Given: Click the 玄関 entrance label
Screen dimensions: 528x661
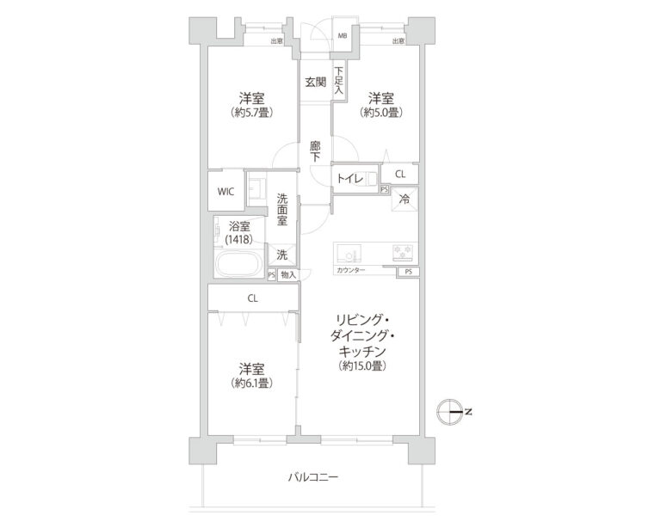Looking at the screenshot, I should (x=314, y=83).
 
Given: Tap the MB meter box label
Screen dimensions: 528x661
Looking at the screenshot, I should (x=343, y=37).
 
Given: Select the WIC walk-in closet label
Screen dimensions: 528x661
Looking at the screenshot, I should (x=225, y=191).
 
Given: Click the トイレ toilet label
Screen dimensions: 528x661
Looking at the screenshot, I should (x=349, y=179).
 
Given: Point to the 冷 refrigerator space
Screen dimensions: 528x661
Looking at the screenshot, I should (x=405, y=200).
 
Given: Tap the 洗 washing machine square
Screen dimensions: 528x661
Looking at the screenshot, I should (x=281, y=254).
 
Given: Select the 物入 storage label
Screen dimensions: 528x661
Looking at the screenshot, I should (x=288, y=275).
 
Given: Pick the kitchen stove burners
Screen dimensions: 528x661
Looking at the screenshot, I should (x=403, y=253).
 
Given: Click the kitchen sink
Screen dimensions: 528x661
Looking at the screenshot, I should (x=349, y=254).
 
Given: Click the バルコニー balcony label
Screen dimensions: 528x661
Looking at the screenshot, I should (x=312, y=476).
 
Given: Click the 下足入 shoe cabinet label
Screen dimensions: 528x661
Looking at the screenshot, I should (x=339, y=81).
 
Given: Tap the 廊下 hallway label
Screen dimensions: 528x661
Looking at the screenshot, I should (x=315, y=151).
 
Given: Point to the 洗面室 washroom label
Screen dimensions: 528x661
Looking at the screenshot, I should (x=281, y=209).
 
